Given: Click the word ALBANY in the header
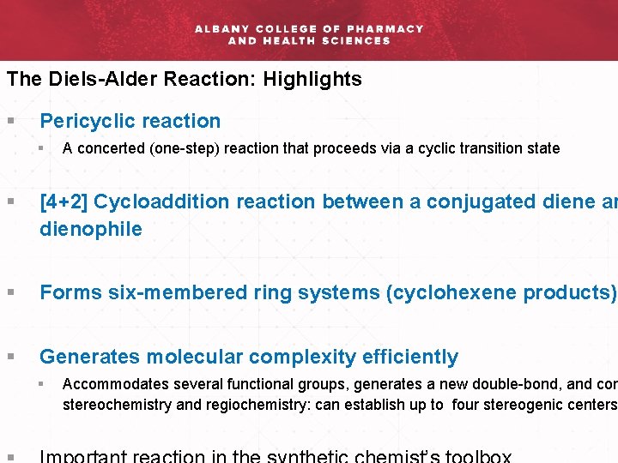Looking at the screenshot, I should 221,28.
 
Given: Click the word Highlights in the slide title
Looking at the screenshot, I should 312,80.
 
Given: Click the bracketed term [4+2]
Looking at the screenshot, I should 64,201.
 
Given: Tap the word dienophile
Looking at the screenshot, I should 91,229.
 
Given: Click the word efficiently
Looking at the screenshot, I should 408,357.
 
